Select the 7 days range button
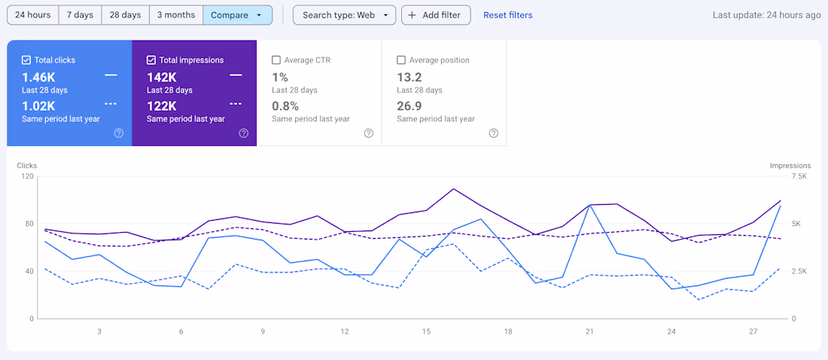click(x=80, y=15)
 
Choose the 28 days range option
click(x=125, y=15)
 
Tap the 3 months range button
click(x=175, y=15)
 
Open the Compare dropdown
click(x=237, y=15)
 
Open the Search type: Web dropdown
click(x=344, y=15)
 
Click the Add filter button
click(x=436, y=15)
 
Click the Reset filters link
click(x=507, y=15)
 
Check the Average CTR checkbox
click(x=276, y=60)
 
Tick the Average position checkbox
click(x=401, y=60)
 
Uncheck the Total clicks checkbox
click(x=26, y=60)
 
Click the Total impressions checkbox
click(x=151, y=60)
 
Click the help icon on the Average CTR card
click(x=369, y=133)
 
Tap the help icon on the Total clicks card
click(x=119, y=133)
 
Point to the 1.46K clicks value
click(x=38, y=77)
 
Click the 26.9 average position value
click(x=409, y=105)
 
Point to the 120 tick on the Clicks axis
click(x=28, y=176)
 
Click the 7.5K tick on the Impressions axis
click(x=799, y=176)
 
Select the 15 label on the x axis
click(x=426, y=331)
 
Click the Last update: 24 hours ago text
click(x=766, y=15)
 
